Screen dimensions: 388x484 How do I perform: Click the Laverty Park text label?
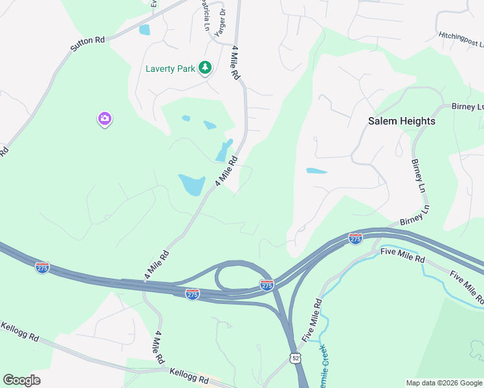click(170, 69)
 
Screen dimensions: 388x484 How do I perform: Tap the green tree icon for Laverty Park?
click(205, 67)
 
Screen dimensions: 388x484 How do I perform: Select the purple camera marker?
click(105, 119)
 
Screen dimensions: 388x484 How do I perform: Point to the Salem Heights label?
click(401, 121)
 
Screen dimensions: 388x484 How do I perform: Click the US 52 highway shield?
click(295, 358)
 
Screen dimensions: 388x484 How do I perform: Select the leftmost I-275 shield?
click(43, 268)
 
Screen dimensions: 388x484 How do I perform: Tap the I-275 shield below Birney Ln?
click(355, 239)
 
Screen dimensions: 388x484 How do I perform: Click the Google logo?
click(21, 380)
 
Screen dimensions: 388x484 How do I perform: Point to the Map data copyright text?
click(444, 383)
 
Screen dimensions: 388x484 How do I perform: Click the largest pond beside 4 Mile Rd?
click(192, 184)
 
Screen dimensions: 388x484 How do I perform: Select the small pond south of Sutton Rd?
click(144, 30)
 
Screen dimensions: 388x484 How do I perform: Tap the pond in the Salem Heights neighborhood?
click(316, 171)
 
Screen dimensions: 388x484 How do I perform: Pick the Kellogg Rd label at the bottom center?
click(188, 373)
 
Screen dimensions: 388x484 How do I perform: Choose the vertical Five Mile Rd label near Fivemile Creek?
click(311, 319)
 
